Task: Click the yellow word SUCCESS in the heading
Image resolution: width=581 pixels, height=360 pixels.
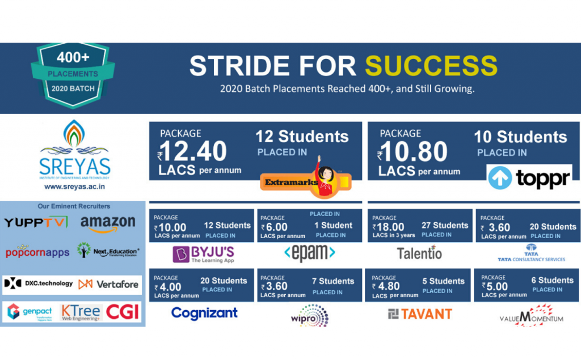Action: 431,66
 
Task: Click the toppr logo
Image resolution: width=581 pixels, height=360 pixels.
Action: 529,178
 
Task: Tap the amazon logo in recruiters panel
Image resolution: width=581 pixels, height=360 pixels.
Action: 108,223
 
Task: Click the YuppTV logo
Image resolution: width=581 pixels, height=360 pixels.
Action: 36,222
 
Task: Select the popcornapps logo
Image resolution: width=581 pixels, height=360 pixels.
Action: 37,251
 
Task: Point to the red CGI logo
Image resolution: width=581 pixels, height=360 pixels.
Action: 123,311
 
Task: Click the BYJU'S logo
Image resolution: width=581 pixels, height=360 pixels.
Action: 203,253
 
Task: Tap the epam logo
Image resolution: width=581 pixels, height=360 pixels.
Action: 309,253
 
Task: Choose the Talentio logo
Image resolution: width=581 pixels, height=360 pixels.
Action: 419,253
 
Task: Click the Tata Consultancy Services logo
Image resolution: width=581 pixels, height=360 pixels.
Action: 531,253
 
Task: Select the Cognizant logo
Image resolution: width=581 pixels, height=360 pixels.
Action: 204,313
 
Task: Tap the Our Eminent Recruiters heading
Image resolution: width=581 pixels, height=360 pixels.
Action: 74,206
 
